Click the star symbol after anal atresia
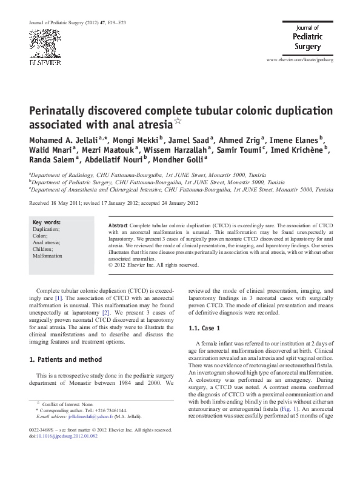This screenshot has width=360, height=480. click(178, 122)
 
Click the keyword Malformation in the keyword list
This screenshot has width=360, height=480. click(47, 256)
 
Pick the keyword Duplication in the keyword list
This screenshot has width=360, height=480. click(46, 230)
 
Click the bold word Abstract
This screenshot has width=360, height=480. click(118, 225)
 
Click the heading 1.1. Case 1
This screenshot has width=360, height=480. click(208, 328)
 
